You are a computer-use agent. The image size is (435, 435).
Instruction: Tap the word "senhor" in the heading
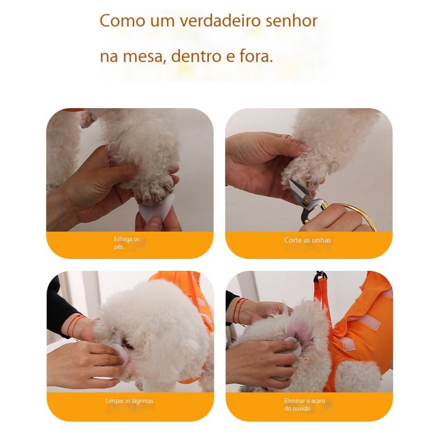click(x=291, y=20)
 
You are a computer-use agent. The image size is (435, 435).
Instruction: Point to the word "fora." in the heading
click(x=256, y=56)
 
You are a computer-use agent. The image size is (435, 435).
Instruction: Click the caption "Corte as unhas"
click(x=307, y=240)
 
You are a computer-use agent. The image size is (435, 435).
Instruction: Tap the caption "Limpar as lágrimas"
click(x=130, y=401)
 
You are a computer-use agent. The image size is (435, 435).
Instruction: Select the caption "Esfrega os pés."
click(x=127, y=243)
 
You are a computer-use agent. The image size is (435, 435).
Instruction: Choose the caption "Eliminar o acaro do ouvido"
click(x=305, y=404)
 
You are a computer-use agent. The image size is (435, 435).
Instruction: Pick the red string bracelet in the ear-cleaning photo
click(x=239, y=311)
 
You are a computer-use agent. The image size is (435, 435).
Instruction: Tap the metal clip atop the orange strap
click(x=321, y=276)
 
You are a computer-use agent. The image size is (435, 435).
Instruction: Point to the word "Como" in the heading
click(x=123, y=21)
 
